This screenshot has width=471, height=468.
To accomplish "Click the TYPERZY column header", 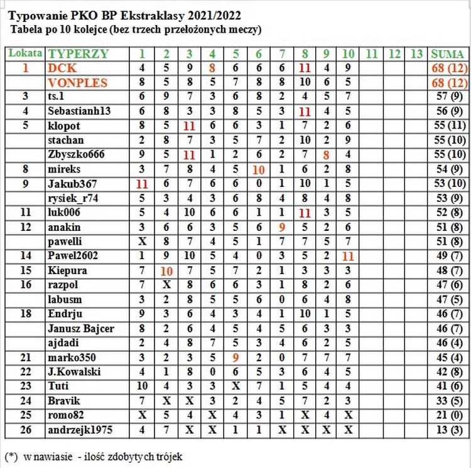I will [78, 53].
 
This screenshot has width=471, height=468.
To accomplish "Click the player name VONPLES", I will [78, 82].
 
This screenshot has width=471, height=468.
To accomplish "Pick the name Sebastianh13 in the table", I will [79, 111].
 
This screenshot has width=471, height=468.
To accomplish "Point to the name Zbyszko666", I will [74, 154].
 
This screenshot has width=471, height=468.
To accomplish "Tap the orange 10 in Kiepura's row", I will [166, 270].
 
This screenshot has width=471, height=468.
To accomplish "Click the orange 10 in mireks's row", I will [258, 169].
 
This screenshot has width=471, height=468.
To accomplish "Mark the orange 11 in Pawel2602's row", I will [349, 256].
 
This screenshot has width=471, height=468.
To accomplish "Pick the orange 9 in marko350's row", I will [235, 358].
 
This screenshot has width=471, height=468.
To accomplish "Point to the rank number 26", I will [25, 430].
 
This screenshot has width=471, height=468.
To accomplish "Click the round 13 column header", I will [416, 53].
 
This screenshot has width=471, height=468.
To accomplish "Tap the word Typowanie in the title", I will [39, 14].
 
